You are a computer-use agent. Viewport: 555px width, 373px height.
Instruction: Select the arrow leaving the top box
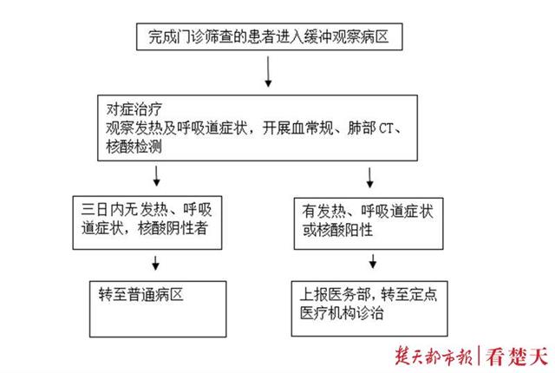pos(268,78)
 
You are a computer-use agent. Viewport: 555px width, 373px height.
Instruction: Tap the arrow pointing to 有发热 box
pos(372,177)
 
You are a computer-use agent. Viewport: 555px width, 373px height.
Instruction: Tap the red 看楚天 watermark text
pos(519,356)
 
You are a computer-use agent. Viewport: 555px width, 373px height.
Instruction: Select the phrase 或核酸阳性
pos(336,231)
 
